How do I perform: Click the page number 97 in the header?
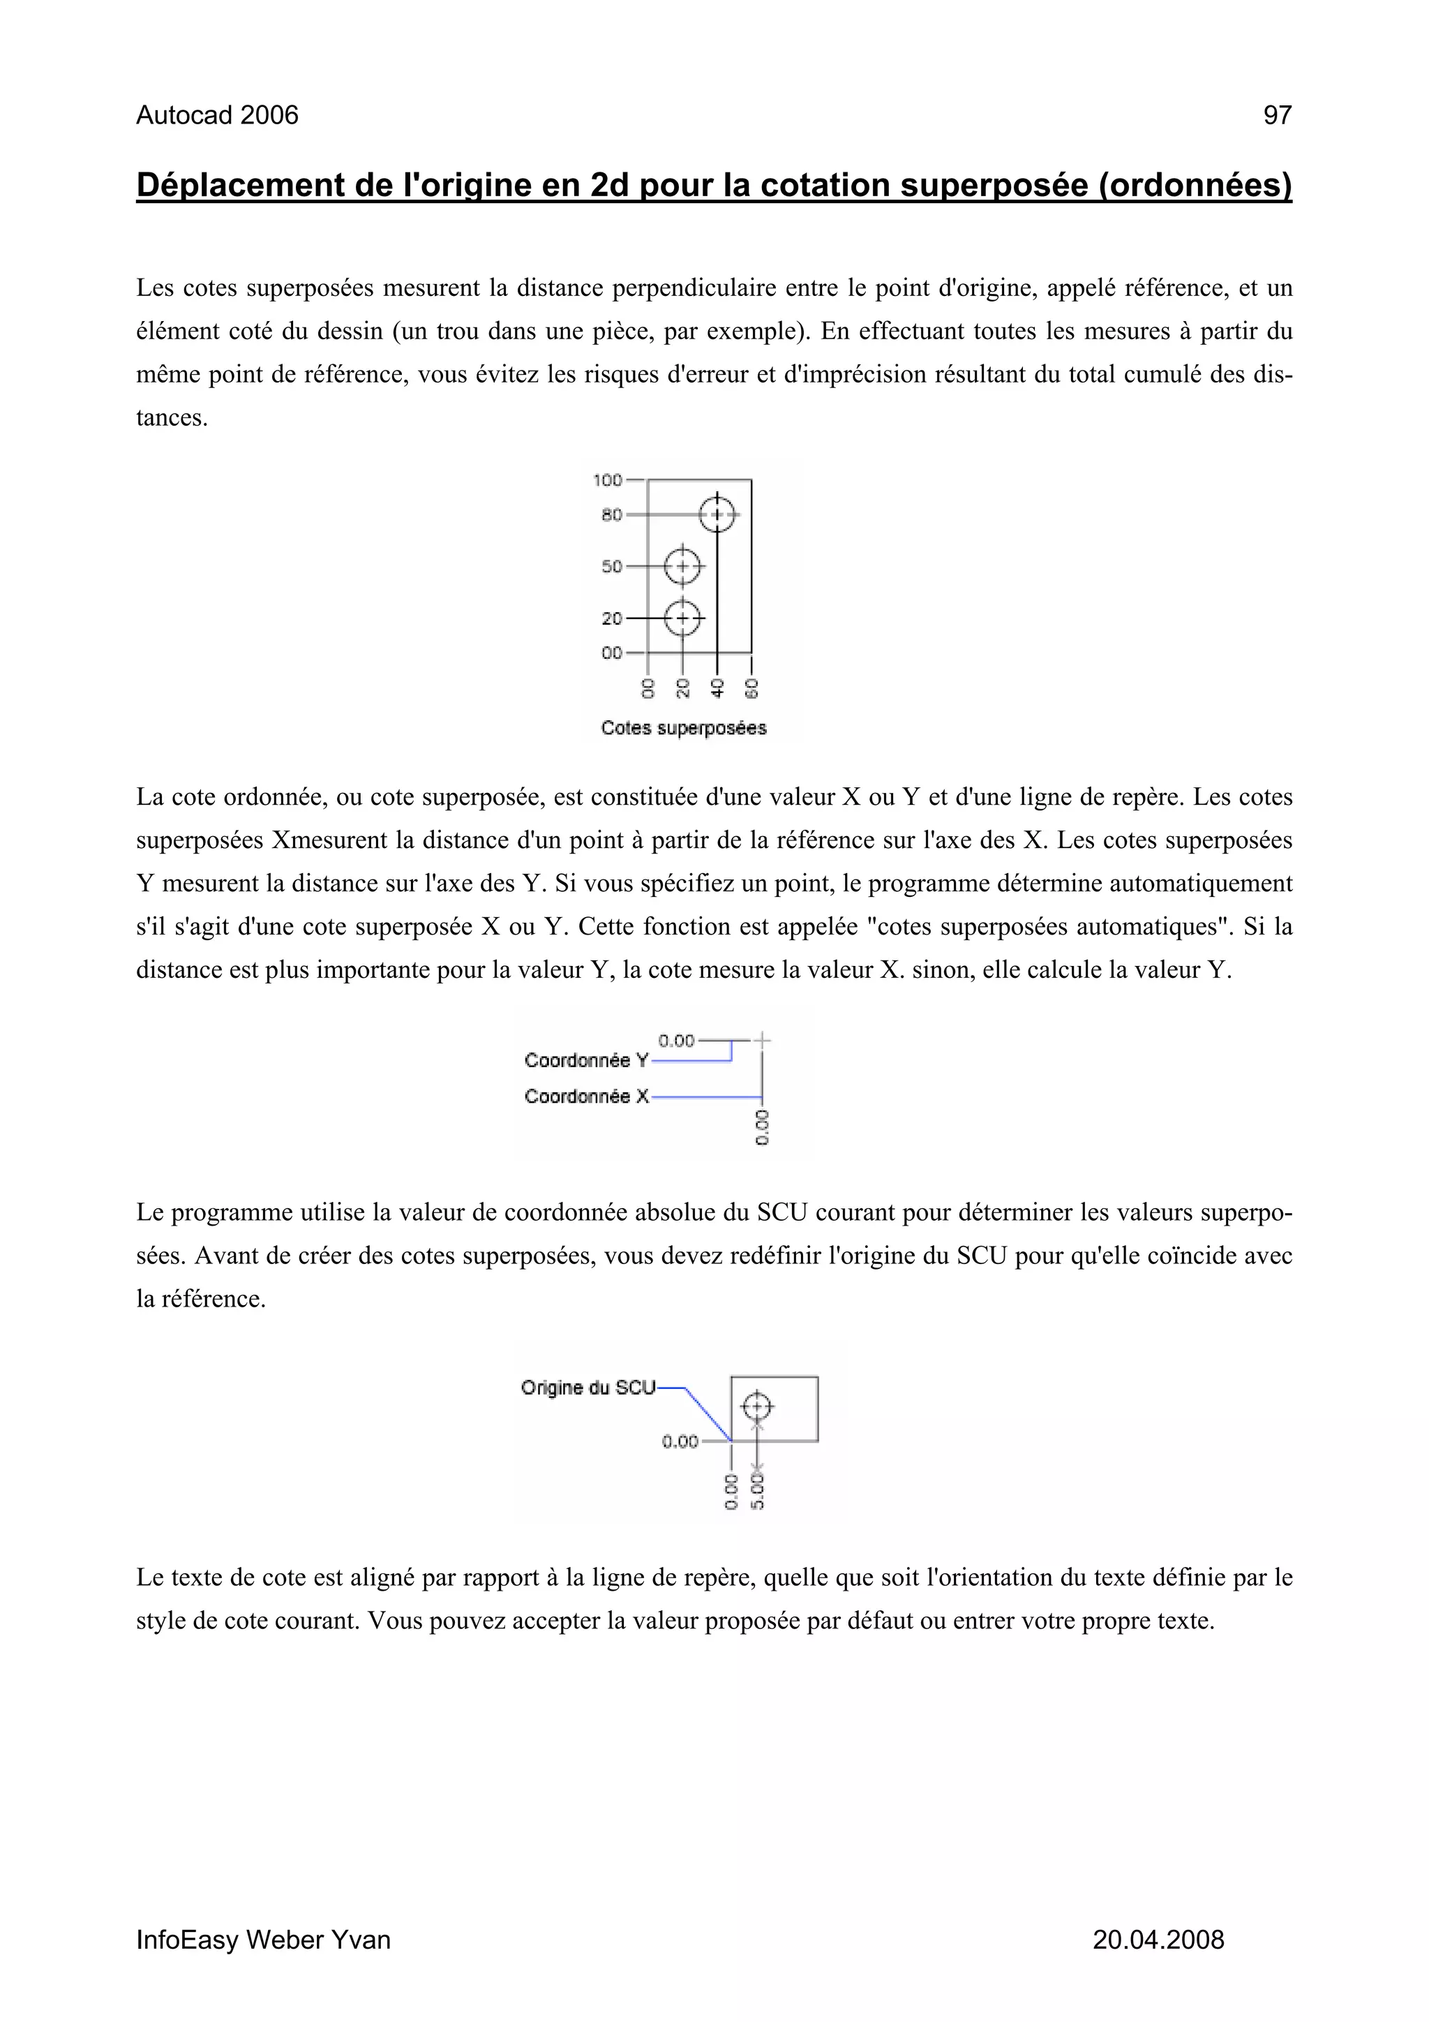click(1277, 115)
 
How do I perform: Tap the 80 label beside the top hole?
click(611, 514)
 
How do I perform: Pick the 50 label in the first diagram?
click(611, 566)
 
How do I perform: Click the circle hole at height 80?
click(717, 514)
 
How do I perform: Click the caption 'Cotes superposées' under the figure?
click(683, 728)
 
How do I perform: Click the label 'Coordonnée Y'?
click(585, 1060)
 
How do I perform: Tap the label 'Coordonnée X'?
click(585, 1097)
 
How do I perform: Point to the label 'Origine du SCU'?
click(588, 1388)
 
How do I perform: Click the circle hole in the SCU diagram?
click(756, 1407)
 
